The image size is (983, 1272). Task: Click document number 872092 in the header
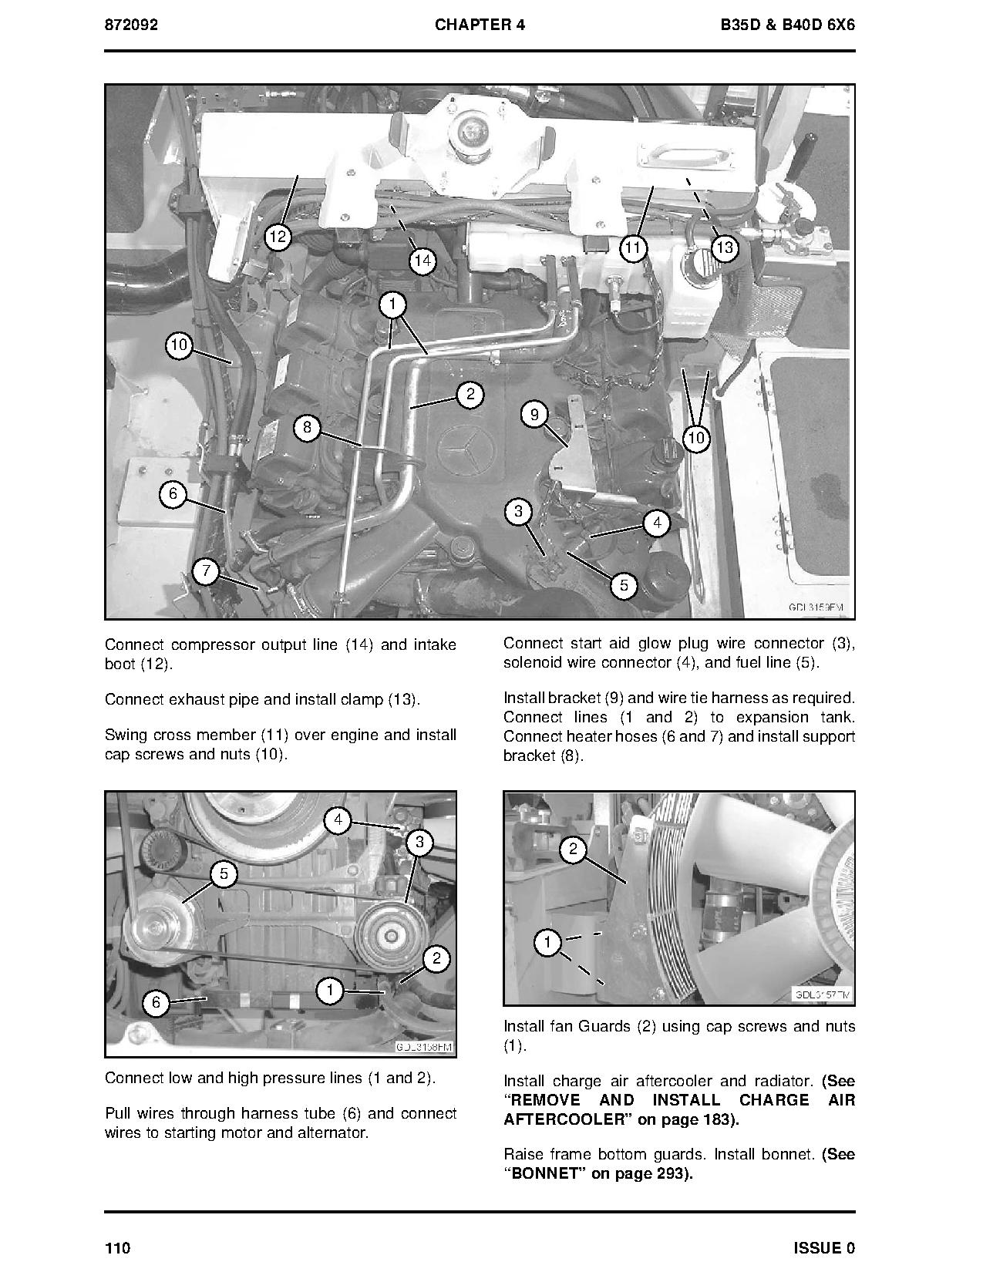pos(131,25)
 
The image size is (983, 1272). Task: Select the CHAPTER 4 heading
pos(480,25)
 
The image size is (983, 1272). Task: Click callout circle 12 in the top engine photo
pos(278,237)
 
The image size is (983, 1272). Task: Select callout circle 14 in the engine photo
pos(422,261)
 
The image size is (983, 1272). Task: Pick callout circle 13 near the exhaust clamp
pos(724,247)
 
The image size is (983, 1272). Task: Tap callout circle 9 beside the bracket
pos(534,415)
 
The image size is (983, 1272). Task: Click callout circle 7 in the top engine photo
pos(206,572)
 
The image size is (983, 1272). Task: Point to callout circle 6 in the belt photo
pos(157,1001)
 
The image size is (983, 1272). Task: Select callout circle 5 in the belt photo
pos(224,873)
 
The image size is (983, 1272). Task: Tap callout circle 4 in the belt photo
pos(338,820)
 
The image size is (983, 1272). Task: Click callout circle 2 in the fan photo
pos(573,850)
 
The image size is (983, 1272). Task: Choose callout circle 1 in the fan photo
pos(547,942)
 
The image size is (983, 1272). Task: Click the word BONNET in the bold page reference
pos(546,1174)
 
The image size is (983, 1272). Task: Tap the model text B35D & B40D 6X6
pos(786,25)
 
